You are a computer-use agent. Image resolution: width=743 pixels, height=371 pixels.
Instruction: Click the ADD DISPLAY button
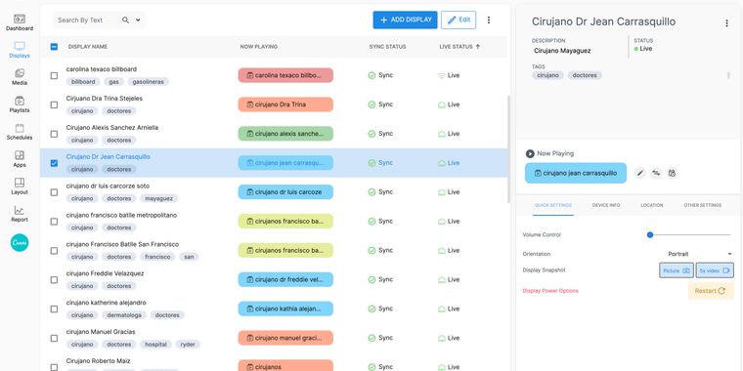point(405,20)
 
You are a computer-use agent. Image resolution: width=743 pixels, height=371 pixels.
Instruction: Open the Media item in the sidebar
point(20,77)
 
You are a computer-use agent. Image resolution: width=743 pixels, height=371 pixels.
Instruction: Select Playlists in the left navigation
point(20,104)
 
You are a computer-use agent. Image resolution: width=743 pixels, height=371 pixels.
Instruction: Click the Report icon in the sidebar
point(20,214)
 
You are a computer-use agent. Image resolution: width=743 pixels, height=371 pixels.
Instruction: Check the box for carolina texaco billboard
point(54,76)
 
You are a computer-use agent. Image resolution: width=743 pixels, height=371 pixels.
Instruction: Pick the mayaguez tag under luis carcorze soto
point(159,198)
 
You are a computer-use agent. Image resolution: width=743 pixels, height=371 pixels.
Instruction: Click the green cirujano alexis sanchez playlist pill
point(285,134)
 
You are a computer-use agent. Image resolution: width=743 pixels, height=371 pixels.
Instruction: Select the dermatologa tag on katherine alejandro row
point(124,315)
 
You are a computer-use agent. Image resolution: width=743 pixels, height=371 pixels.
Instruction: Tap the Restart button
point(711,291)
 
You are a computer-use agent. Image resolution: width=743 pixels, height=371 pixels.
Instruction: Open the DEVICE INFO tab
point(606,205)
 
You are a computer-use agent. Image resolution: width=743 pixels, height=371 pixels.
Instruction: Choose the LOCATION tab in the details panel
point(652,205)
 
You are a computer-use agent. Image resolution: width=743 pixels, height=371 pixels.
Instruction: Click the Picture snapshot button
point(677,270)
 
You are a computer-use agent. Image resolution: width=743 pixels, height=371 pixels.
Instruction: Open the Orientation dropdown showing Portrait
point(699,254)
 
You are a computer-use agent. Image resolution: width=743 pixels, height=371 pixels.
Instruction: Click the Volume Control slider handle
point(650,234)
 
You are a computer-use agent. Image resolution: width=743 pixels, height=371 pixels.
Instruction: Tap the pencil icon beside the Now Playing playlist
point(640,173)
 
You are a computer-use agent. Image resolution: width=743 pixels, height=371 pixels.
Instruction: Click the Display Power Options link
point(550,291)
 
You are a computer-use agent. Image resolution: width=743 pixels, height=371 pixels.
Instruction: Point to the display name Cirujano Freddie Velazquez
point(106,273)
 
